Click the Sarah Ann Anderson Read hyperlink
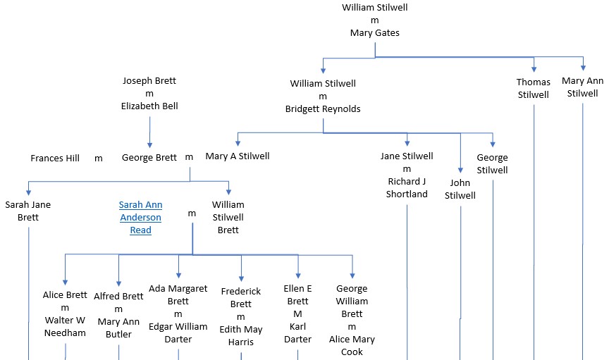140,217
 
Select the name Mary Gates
374,32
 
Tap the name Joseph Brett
149,80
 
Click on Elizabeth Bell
149,106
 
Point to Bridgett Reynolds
323,108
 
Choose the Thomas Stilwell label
533,88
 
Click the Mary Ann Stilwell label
582,87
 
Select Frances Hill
55,158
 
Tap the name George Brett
149,158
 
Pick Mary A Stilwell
238,156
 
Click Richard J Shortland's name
407,187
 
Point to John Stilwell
460,189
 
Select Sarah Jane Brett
28,211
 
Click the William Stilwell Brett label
228,217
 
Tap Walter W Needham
65,326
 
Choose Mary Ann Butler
118,328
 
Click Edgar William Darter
178,333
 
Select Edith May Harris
240,335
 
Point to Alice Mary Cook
352,345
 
